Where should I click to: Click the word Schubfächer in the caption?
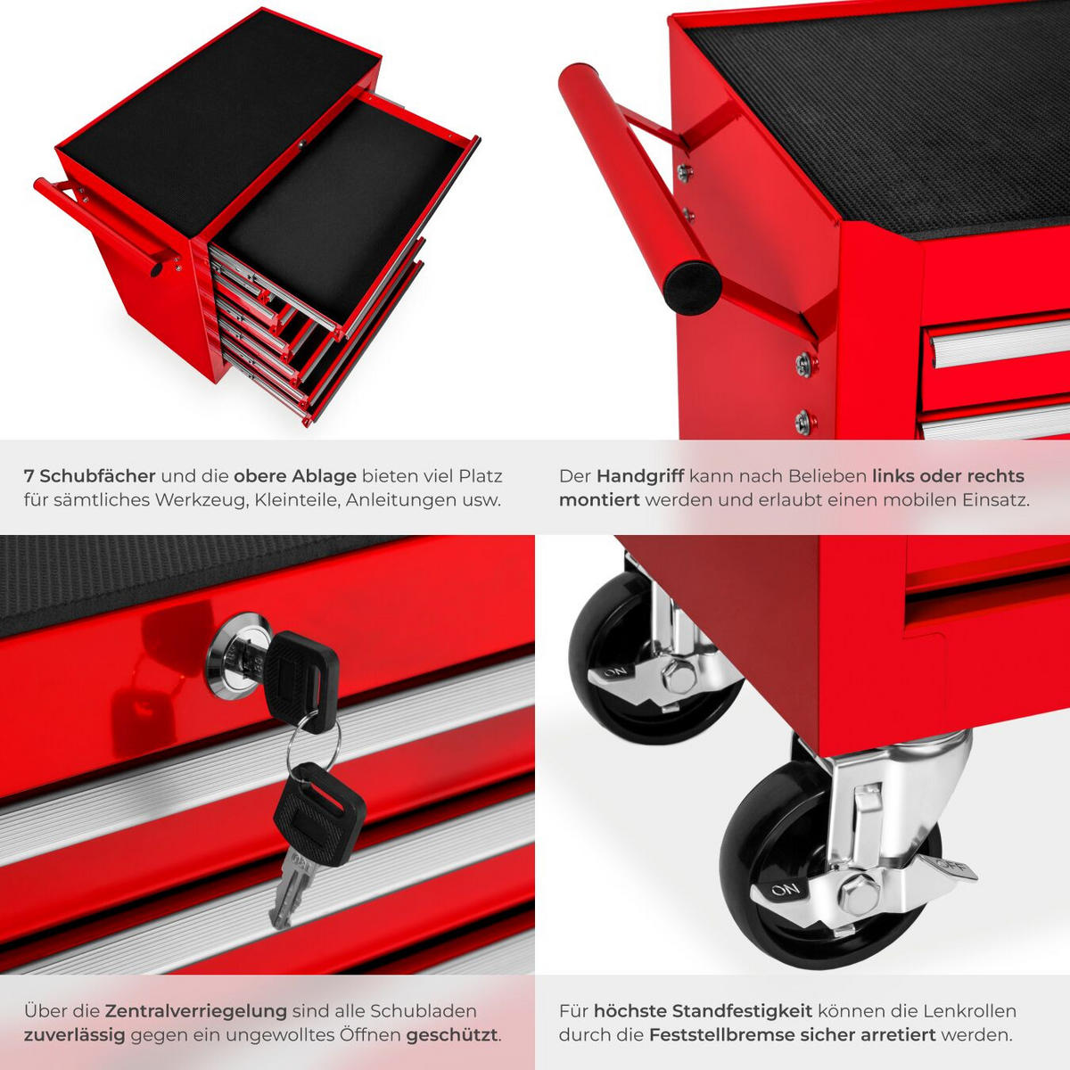click(97, 476)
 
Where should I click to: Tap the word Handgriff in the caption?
click(639, 476)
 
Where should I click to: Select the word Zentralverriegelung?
click(196, 1011)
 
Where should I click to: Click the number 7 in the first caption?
click(29, 476)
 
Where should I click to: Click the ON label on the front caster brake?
click(786, 889)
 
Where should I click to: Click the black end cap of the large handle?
click(691, 286)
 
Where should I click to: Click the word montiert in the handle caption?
click(599, 500)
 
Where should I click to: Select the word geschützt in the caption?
click(452, 1035)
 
